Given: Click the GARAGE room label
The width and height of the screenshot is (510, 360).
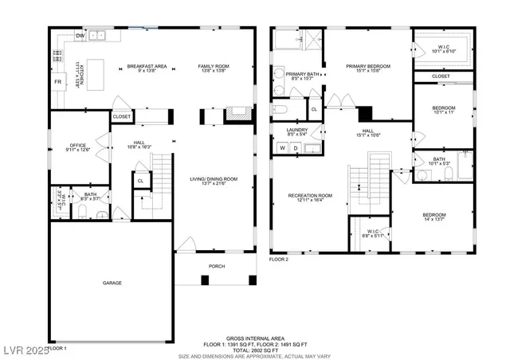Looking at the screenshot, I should pos(112,283).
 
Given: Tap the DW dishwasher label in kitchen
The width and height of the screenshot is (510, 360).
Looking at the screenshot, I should pos(80,36).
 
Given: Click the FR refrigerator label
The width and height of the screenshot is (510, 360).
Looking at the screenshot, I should pos(58,82).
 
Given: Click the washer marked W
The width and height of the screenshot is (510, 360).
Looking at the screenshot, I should pos(282,148).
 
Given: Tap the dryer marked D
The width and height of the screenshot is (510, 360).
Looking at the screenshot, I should pos(296,148).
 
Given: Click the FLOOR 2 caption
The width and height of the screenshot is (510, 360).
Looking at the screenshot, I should pos(278,260).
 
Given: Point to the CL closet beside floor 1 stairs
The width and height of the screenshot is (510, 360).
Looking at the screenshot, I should pos(140,181).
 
